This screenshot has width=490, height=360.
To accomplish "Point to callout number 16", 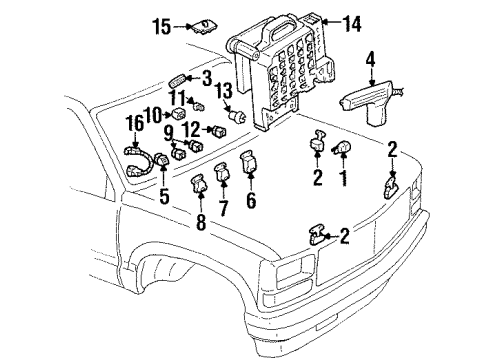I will point(133,124).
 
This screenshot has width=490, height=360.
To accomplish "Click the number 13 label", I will point(225,93).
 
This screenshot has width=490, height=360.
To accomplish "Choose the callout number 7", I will point(224,208).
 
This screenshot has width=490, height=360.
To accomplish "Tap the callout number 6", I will point(251,200).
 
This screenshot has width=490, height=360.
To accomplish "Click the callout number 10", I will point(151,113).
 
